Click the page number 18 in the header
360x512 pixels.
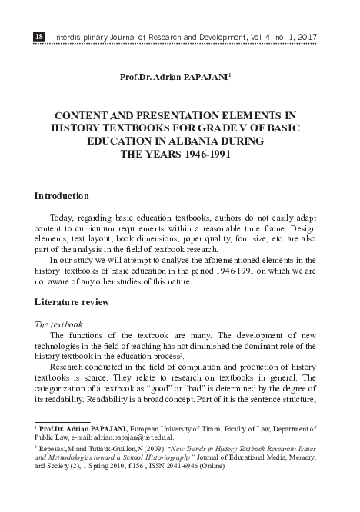tap(39, 36)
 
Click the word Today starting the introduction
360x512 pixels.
tap(63, 218)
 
